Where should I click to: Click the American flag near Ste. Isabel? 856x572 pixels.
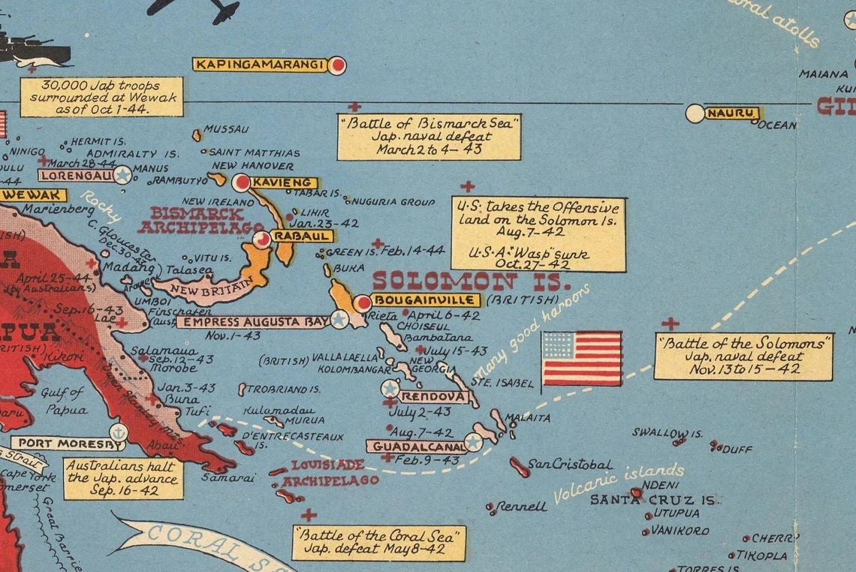point(582,359)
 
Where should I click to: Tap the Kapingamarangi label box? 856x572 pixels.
point(260,65)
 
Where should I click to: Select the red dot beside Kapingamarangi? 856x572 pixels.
point(338,65)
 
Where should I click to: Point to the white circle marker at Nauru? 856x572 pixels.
point(695,113)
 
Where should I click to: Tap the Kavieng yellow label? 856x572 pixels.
point(283,182)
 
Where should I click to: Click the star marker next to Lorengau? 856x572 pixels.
point(122,175)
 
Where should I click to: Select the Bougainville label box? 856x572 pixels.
point(425,300)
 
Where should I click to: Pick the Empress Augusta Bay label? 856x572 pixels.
point(252,322)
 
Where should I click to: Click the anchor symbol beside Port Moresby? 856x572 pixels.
point(118,432)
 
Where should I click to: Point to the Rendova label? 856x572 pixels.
point(433,396)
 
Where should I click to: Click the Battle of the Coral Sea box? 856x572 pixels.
point(378,543)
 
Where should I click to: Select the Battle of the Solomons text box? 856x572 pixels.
point(743,357)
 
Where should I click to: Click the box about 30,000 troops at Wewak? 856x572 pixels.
point(101,97)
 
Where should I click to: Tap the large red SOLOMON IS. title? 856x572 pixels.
point(471,282)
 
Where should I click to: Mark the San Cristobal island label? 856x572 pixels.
point(570,465)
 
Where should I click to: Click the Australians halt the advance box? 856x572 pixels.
point(123,479)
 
